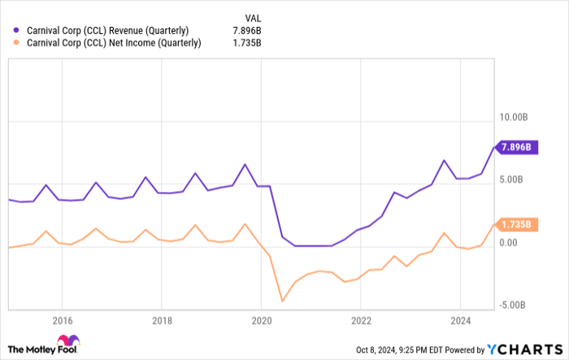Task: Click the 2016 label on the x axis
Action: click(x=63, y=319)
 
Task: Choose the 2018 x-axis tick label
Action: click(x=162, y=319)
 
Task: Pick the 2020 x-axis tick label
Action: click(x=261, y=319)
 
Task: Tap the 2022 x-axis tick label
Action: click(x=360, y=319)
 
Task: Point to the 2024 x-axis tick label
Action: click(x=459, y=319)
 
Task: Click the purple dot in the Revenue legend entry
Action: click(x=15, y=31)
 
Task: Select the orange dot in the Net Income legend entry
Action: click(x=15, y=44)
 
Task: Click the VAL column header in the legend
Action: click(x=253, y=17)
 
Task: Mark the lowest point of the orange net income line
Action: click(x=282, y=301)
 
